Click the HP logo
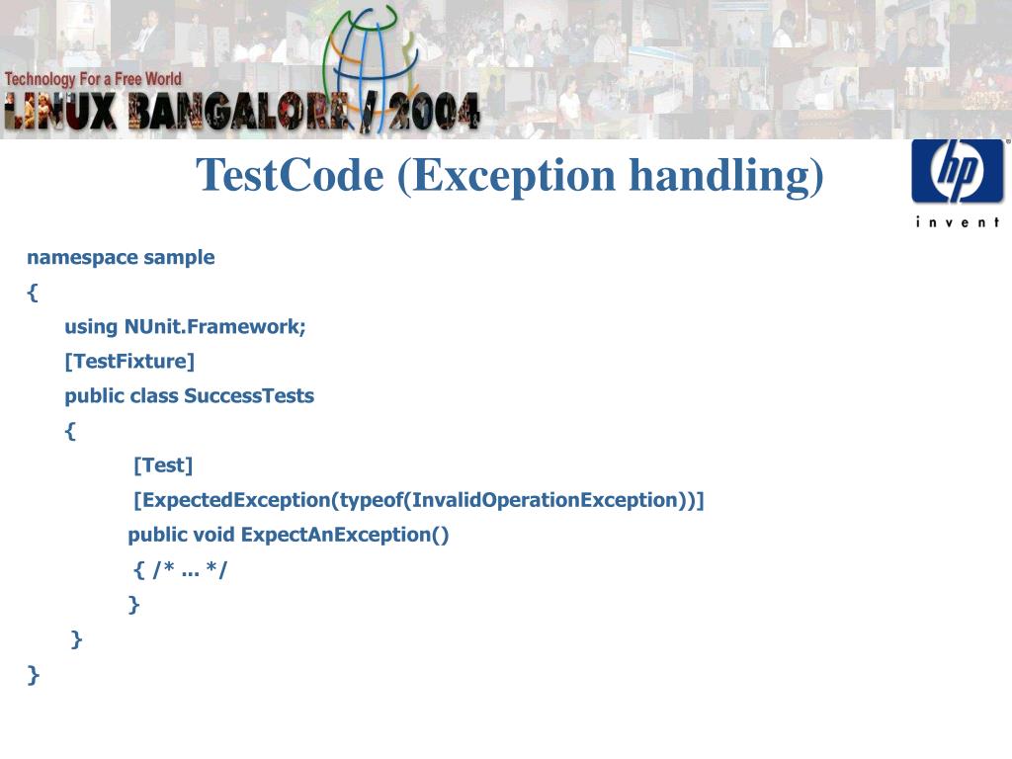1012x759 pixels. (957, 171)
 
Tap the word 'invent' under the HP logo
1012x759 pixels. (957, 221)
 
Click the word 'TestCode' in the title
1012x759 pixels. (290, 176)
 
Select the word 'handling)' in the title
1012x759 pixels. (726, 176)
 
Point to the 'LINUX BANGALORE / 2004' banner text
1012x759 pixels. (242, 112)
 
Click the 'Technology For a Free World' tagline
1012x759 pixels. (93, 78)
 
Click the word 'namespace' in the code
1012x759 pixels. (82, 258)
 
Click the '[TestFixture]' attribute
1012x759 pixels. (129, 362)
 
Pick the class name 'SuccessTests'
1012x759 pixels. (249, 396)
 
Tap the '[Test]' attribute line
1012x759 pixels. (163, 465)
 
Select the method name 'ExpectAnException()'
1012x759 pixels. (345, 535)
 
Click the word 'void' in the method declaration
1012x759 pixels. (213, 535)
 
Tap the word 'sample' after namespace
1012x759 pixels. (179, 258)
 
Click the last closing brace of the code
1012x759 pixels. (34, 675)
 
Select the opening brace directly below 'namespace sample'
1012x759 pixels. (33, 293)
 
